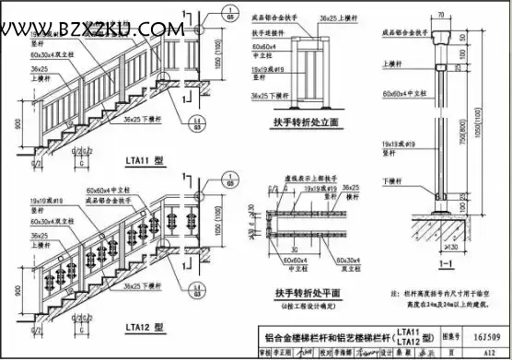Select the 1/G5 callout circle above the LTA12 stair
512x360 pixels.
227,170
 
